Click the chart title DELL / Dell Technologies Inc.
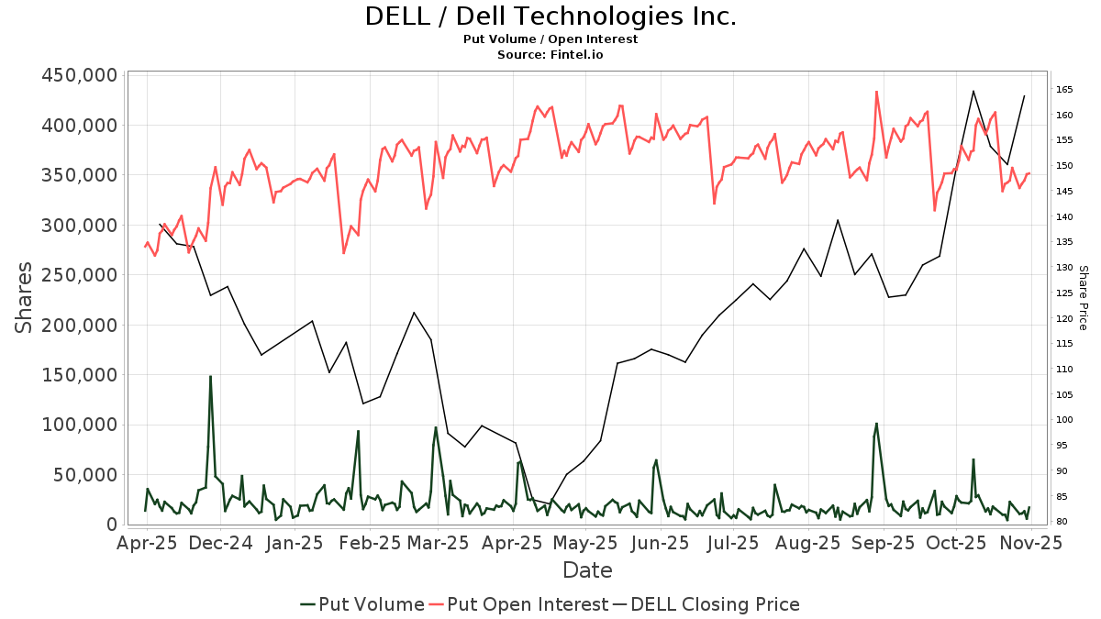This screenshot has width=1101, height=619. tap(550, 17)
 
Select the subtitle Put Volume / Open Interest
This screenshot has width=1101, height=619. tap(550, 39)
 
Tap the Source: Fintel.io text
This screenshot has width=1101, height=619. tap(550, 55)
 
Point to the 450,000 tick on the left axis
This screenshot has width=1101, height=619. tap(80, 75)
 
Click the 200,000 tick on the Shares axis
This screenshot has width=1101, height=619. tap(80, 326)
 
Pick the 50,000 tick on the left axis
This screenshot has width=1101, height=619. tap(84, 475)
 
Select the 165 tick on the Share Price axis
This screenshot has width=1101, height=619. tap(1064, 90)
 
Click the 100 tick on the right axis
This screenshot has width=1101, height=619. tap(1064, 420)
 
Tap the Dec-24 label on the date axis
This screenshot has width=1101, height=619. tap(221, 543)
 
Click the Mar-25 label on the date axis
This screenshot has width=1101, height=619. tap(439, 543)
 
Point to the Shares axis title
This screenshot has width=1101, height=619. tap(24, 298)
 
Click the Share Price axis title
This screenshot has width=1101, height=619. tap(1083, 298)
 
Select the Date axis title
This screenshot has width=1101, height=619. tap(587, 570)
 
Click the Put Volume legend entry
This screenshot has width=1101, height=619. tap(362, 604)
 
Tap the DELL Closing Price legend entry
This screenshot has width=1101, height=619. tap(706, 604)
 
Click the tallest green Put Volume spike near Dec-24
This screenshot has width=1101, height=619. tap(210, 377)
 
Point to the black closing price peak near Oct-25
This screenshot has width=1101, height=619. tap(973, 91)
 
